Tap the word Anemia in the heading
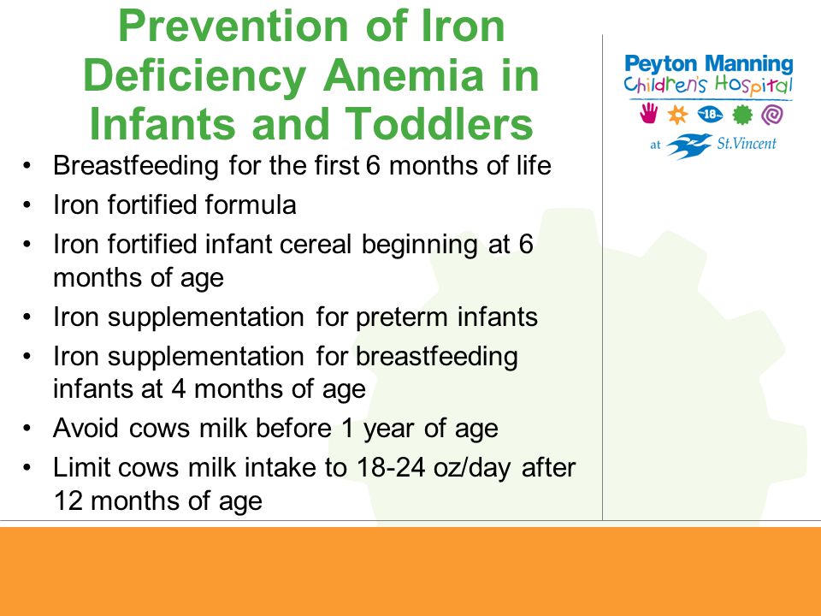(403, 75)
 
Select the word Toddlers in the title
(440, 123)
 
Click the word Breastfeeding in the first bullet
(136, 166)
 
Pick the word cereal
(316, 244)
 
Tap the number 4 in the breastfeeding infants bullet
(179, 389)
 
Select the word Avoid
(87, 428)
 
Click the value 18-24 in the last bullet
(391, 467)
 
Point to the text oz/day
(472, 468)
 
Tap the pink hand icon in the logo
(649, 113)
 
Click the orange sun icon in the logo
(677, 115)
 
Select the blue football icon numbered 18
(710, 114)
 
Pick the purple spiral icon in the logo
(771, 115)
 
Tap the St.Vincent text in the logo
(747, 144)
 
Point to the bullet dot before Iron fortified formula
(27, 205)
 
